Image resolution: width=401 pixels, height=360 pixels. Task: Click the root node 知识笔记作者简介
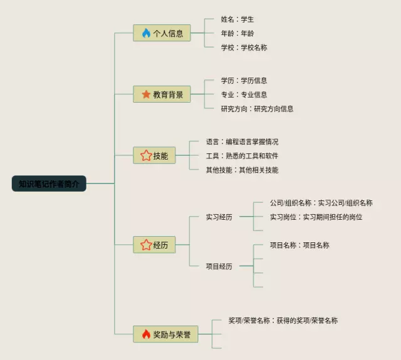click(x=49, y=183)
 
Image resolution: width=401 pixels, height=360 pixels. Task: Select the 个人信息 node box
click(x=162, y=33)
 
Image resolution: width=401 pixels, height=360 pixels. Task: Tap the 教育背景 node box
click(x=162, y=95)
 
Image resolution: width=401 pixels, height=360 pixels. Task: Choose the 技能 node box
click(x=154, y=155)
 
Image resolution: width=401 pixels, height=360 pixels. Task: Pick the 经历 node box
click(x=154, y=245)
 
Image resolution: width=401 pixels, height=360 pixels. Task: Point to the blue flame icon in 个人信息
click(x=146, y=33)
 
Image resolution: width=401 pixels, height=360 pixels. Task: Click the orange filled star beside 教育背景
click(x=146, y=95)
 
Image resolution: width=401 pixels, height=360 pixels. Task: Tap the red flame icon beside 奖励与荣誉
click(x=146, y=334)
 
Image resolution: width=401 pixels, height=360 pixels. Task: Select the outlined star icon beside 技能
click(x=146, y=155)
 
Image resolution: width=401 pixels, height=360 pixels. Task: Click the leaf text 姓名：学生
click(x=237, y=19)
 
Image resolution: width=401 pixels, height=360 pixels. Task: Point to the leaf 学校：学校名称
click(x=244, y=48)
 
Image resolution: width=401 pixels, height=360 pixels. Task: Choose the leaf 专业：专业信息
click(x=244, y=95)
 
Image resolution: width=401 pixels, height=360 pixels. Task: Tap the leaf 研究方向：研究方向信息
click(x=257, y=108)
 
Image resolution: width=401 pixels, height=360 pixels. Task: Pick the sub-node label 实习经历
click(x=219, y=217)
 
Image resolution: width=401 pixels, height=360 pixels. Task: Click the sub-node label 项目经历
click(x=219, y=266)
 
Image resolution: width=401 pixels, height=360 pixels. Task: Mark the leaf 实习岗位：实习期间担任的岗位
click(x=316, y=217)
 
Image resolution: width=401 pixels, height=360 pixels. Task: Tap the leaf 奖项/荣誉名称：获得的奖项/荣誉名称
click(x=283, y=320)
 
